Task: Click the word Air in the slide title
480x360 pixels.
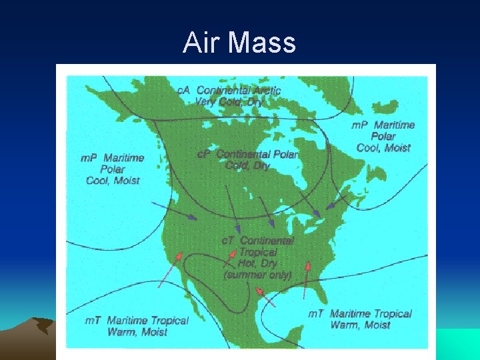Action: coord(202,43)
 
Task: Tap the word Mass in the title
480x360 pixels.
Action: coord(261,43)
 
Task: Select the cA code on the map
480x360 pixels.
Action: coord(183,90)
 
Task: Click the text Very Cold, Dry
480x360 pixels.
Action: coord(229,101)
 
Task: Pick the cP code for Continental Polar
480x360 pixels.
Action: coord(204,154)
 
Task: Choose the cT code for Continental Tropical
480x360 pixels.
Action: coord(228,240)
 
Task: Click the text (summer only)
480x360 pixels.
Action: coord(257,274)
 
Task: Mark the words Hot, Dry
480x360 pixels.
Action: coord(257,263)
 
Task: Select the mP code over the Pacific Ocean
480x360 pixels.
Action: coord(89,158)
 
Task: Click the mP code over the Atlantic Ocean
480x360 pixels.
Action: coord(360,125)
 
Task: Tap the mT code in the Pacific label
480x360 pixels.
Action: coord(93,321)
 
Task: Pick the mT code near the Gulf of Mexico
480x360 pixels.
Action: coord(316,314)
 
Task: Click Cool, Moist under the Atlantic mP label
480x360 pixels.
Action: coord(383,147)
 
